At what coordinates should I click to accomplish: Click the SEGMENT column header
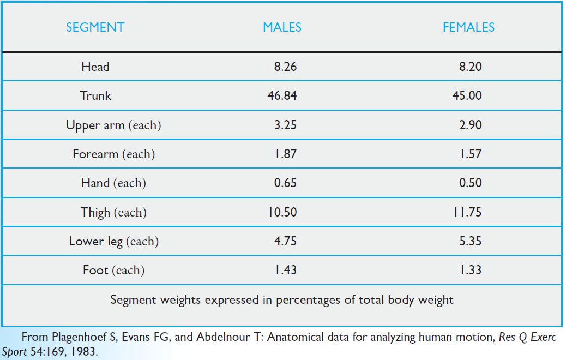(95, 27)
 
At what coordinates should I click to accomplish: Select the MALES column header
(282, 27)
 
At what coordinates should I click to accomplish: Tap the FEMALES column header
(468, 27)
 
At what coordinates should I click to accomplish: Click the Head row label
(95, 67)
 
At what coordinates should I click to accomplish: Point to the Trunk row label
(95, 96)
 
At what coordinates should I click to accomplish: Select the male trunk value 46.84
(282, 96)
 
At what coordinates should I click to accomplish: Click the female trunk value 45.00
(468, 96)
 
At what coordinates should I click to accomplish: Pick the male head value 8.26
(285, 67)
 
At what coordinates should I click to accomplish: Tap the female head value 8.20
(471, 67)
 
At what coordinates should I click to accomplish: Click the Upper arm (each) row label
(113, 125)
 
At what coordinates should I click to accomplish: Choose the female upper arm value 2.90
(471, 125)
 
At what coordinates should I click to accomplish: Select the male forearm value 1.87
(285, 154)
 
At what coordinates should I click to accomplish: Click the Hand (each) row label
(113, 183)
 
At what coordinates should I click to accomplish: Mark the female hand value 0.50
(471, 183)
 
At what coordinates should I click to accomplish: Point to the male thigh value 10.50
(282, 212)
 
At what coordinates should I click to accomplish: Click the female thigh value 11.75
(468, 212)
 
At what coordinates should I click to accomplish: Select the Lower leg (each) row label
(113, 241)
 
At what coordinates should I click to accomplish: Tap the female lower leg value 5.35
(471, 241)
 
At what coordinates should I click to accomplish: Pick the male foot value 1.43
(285, 270)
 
